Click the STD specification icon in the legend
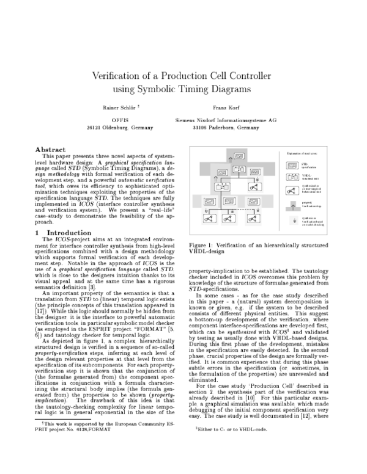pos(292,165)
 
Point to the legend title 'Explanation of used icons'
pos(301,153)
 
